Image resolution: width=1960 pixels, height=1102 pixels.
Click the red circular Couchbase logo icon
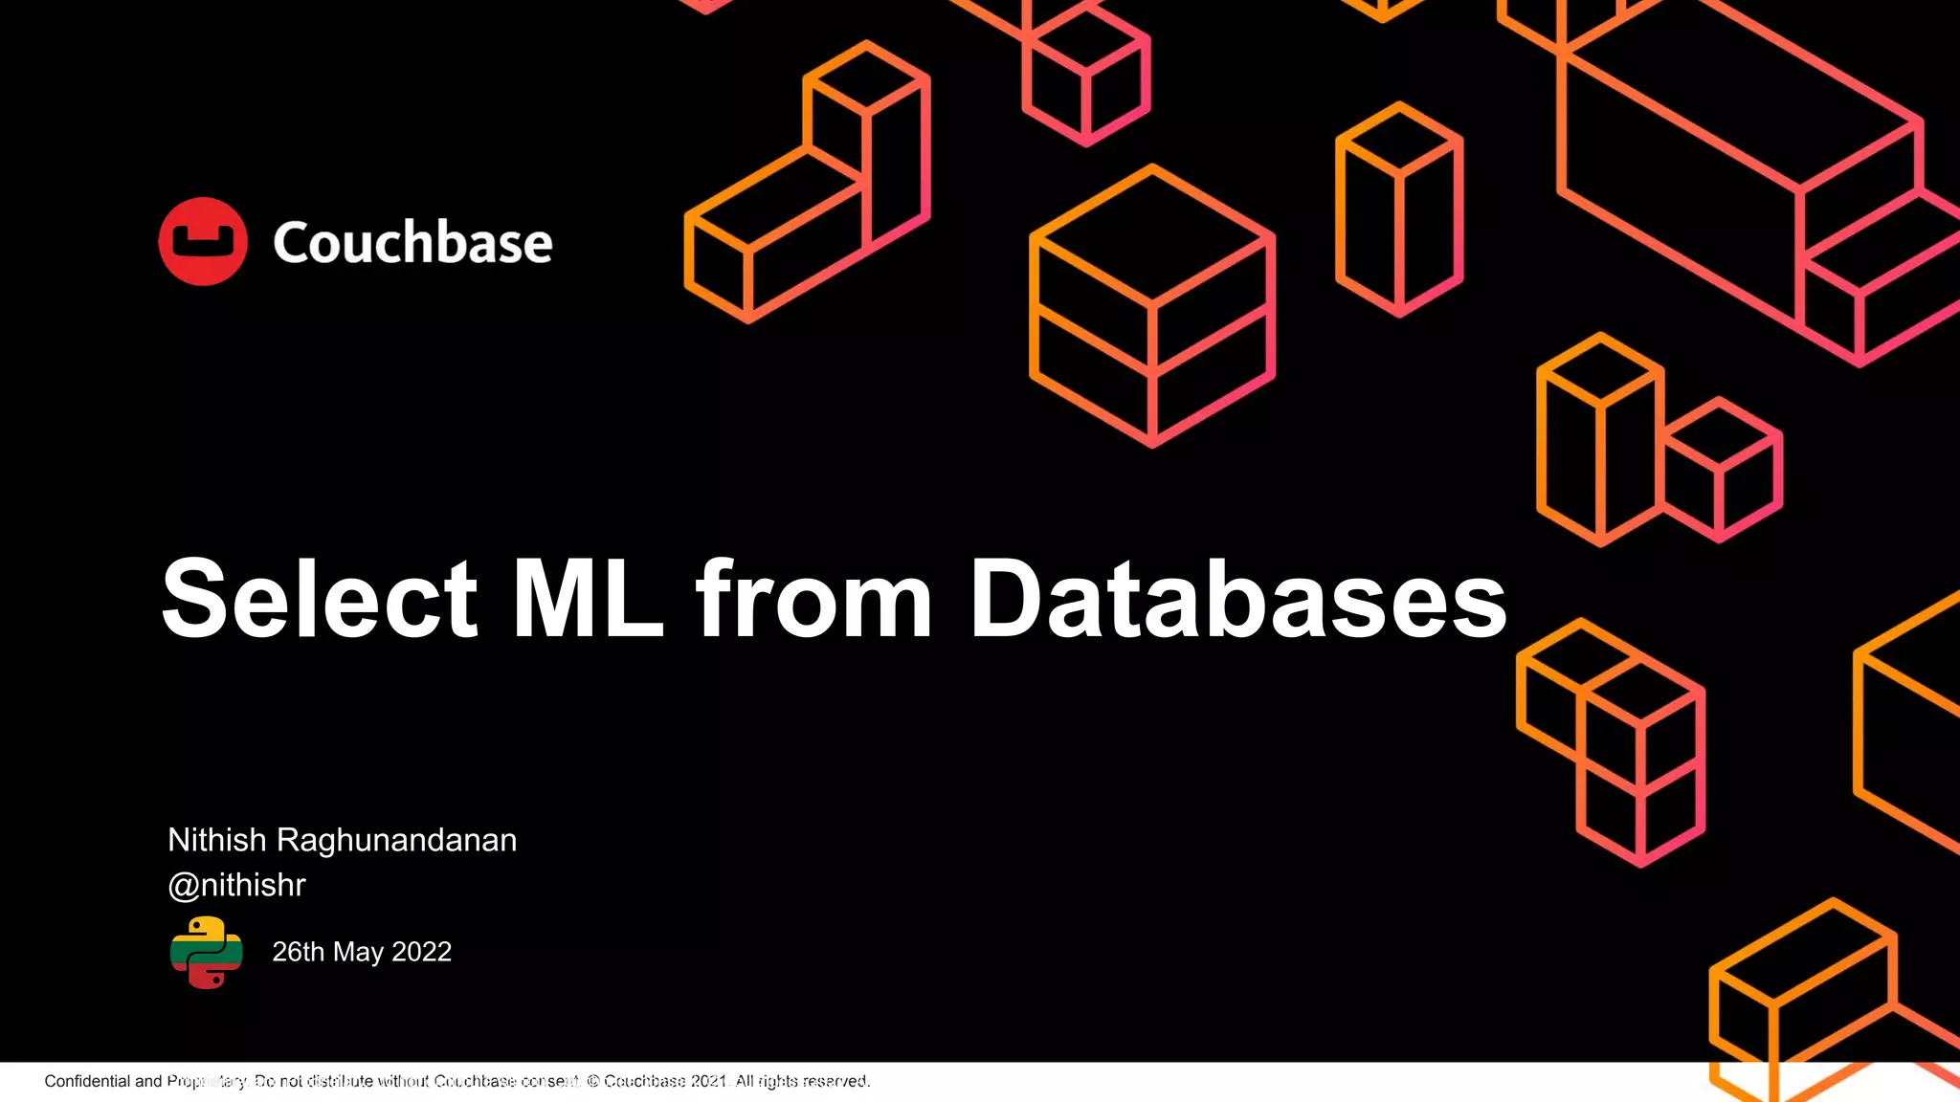tap(203, 241)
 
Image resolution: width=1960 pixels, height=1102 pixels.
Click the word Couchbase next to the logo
tap(412, 242)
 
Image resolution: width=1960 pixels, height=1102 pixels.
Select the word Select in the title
tap(320, 599)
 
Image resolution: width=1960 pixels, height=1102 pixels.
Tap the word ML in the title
tap(588, 599)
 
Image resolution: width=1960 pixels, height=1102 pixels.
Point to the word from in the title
tap(813, 599)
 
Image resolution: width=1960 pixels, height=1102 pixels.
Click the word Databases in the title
tap(1238, 599)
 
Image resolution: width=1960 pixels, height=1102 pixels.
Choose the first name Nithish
tap(217, 840)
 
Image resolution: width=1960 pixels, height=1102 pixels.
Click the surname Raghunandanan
tap(396, 840)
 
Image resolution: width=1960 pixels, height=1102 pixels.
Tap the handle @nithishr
tap(236, 885)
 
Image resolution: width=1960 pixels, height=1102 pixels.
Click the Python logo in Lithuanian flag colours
tap(206, 952)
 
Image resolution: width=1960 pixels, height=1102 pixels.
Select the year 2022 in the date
tap(421, 952)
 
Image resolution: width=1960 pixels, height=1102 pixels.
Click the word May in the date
tap(358, 952)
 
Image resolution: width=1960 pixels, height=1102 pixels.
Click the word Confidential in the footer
tap(87, 1081)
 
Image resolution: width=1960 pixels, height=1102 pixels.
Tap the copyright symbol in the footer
tap(593, 1081)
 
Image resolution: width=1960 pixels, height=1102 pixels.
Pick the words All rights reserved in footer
tap(802, 1081)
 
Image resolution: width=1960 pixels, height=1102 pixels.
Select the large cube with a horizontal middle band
tap(1151, 306)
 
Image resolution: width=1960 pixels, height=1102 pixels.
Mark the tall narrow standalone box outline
tap(1398, 210)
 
